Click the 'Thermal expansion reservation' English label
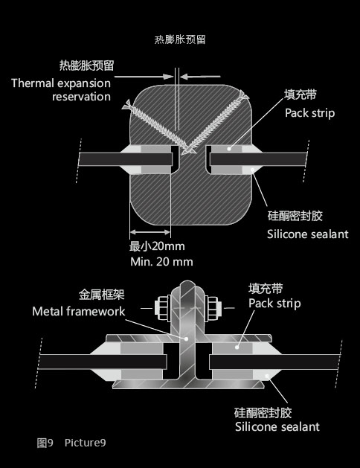coord(61,89)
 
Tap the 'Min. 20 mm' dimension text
coord(161,262)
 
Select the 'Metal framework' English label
coord(79,311)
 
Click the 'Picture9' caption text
coord(86,443)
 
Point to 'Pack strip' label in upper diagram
coord(310,113)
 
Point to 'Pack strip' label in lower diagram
coord(274,304)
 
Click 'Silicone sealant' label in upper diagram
coord(307,234)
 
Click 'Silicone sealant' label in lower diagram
coord(277,427)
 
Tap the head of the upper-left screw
coord(127,105)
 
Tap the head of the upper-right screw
coord(243,95)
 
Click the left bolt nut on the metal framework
coord(163,308)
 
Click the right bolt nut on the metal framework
coord(213,308)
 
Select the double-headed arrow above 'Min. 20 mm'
coord(150,232)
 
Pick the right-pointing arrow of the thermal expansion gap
coord(144,77)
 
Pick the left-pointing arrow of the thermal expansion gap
coord(200,77)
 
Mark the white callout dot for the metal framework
coord(186,339)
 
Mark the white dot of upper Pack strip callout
coord(229,148)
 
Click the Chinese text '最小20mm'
coord(157,246)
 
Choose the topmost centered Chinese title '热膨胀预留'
coord(180,39)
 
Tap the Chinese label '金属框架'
coord(101,295)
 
